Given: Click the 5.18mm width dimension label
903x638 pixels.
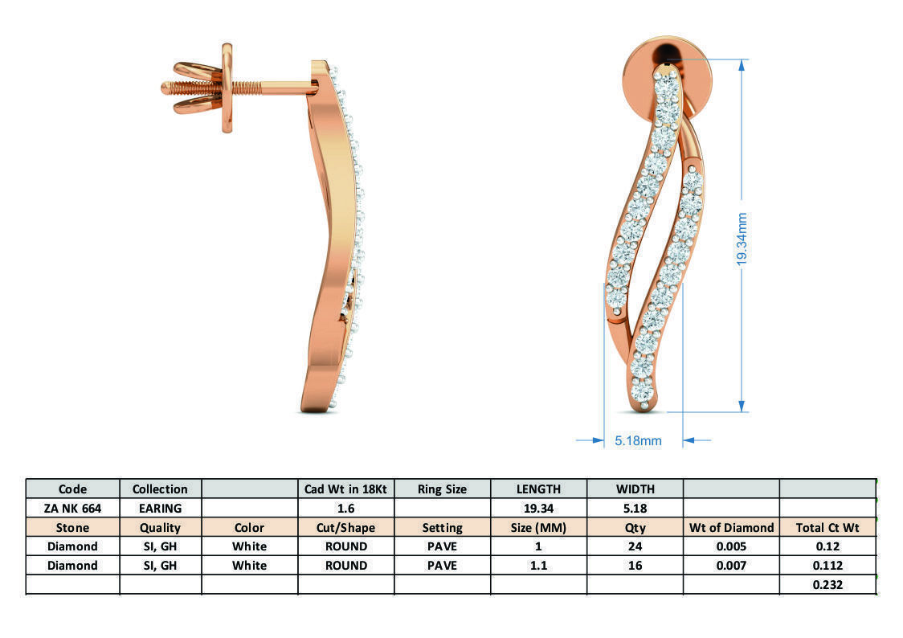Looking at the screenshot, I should coord(638,440).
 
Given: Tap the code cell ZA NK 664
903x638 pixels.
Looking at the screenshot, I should coord(72,508).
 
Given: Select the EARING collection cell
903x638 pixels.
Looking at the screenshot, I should coord(160,508).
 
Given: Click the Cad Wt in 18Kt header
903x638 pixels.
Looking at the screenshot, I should coord(345,489).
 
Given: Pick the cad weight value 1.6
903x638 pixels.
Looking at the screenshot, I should coord(345,508).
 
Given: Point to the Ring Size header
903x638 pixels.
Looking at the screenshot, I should coord(442,489).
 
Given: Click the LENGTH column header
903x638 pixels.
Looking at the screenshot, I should coord(538,489).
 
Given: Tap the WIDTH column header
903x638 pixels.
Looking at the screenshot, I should coord(635,489).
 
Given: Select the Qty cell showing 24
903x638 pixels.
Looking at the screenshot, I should coord(635,546).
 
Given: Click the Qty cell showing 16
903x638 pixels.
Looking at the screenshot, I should coord(635,566).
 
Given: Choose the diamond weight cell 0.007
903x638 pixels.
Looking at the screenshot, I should coord(731,566).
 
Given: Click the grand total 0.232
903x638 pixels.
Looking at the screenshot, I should coord(827,585).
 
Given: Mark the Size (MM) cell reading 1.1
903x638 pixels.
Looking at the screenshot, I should coord(538,566).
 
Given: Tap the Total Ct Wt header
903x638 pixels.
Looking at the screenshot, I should coord(827,528).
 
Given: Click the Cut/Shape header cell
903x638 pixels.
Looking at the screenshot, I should coord(345,528).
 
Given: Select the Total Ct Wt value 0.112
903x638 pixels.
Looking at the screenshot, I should coord(827,566).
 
